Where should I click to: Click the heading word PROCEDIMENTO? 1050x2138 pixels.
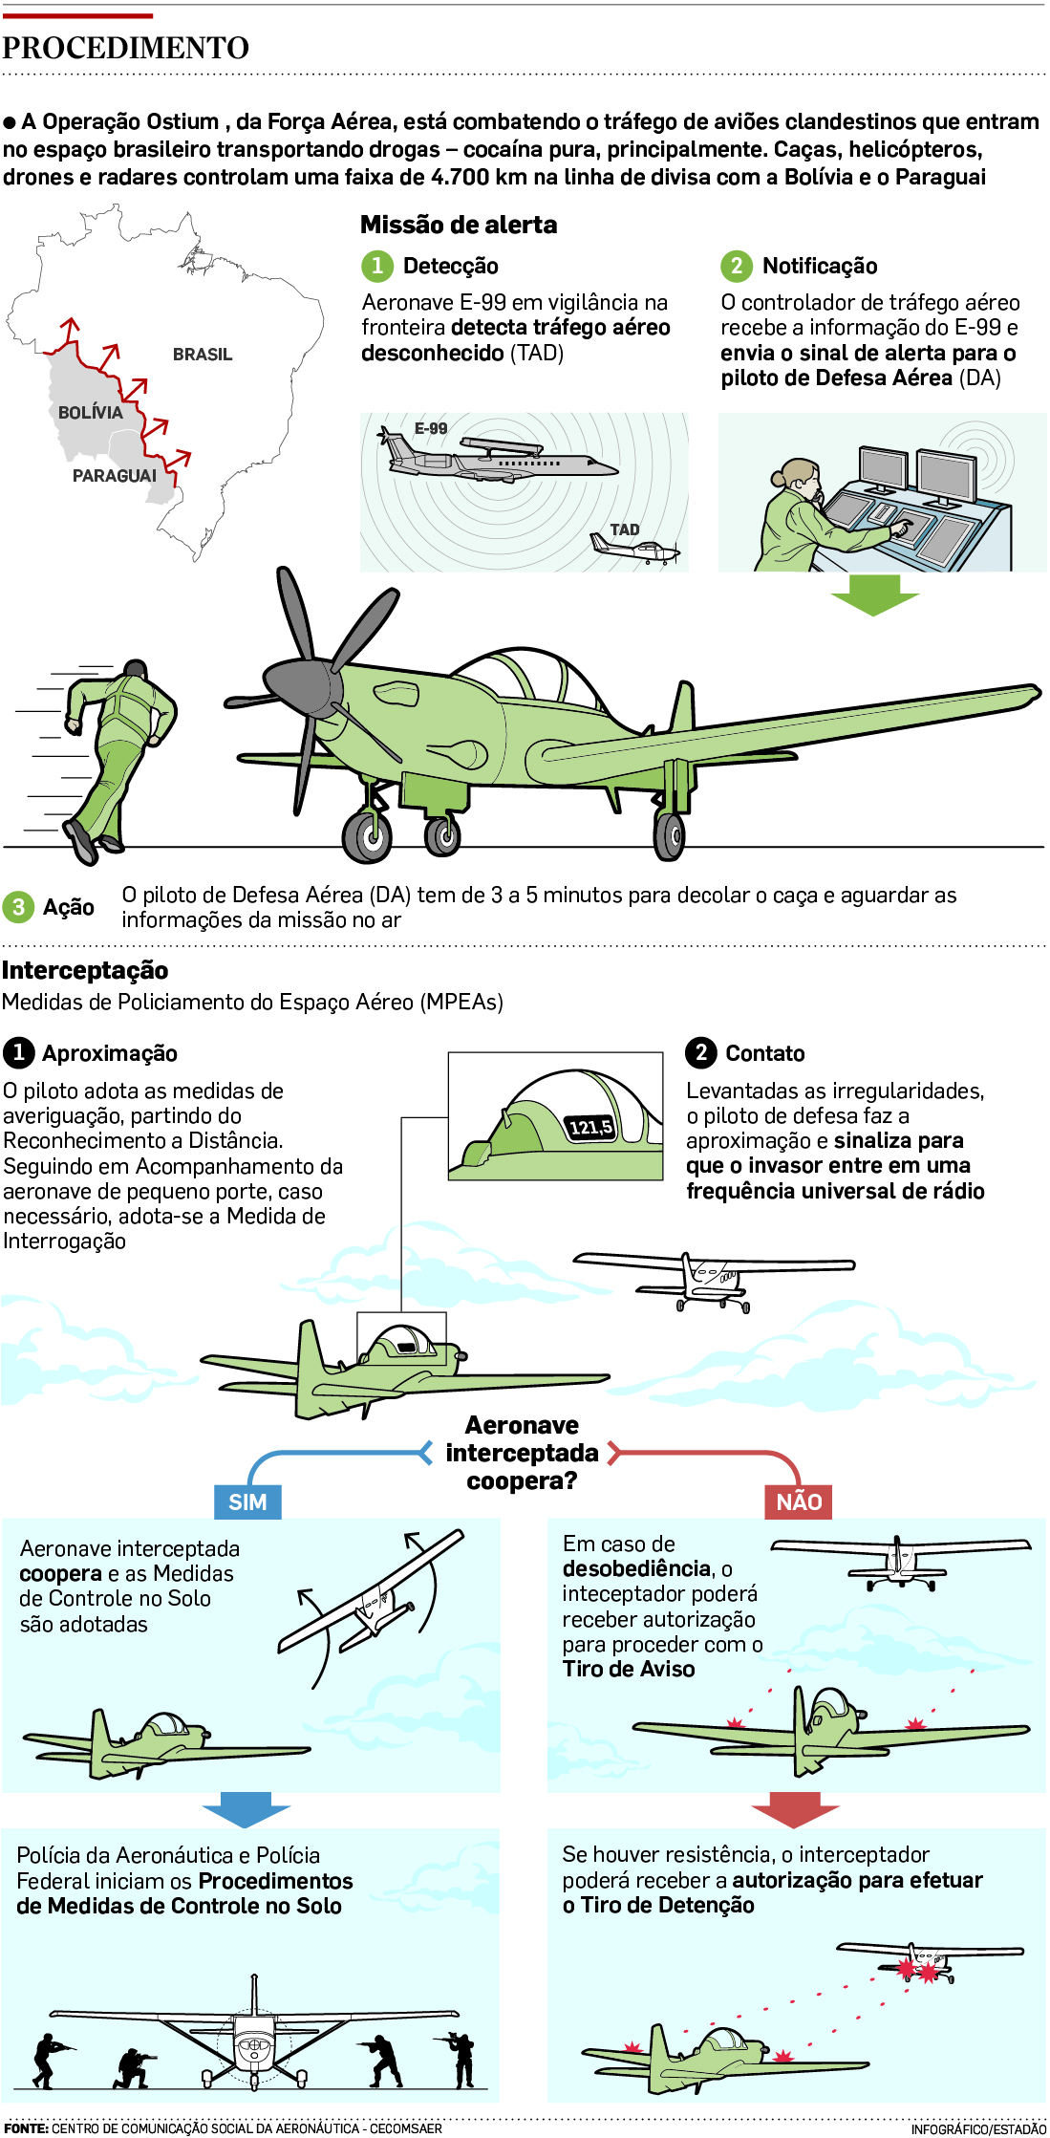point(125,48)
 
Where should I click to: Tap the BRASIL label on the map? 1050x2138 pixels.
point(203,355)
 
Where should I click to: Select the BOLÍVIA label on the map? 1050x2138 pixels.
point(91,413)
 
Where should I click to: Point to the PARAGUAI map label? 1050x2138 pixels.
point(115,476)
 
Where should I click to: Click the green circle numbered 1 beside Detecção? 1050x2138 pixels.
point(377,266)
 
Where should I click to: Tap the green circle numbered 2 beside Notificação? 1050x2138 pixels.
point(736,266)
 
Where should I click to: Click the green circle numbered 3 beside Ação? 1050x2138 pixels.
point(18,907)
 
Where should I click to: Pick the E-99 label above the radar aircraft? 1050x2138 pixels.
point(431,428)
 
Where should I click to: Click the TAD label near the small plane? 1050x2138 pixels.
point(625,529)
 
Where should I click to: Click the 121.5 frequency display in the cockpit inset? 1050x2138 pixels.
point(590,1128)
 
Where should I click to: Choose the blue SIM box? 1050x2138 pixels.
point(247,1501)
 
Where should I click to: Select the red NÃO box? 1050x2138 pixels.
point(799,1501)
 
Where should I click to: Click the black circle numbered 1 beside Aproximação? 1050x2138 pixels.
point(18,1053)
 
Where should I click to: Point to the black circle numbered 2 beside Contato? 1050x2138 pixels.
point(701,1053)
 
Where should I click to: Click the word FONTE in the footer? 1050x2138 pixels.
point(26,2128)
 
